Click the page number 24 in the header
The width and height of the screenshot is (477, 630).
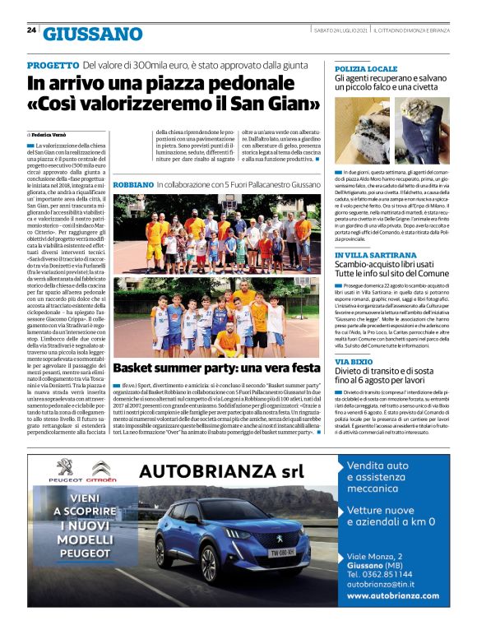point(31,30)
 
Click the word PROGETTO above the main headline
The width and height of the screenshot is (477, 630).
point(53,65)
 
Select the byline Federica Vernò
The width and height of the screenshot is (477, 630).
point(49,133)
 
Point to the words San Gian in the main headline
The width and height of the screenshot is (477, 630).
point(280,105)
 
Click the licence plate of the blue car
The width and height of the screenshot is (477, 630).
point(283,554)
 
